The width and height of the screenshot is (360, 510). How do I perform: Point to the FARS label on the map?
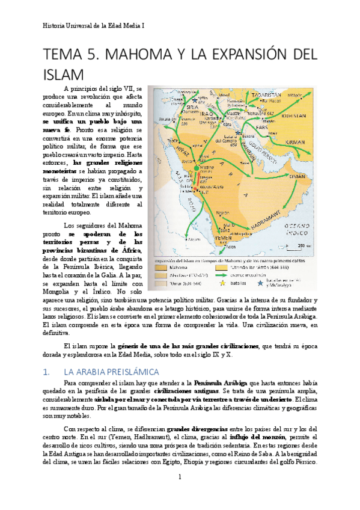(262, 128)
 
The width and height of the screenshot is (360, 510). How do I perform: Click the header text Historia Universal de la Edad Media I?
(94, 26)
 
